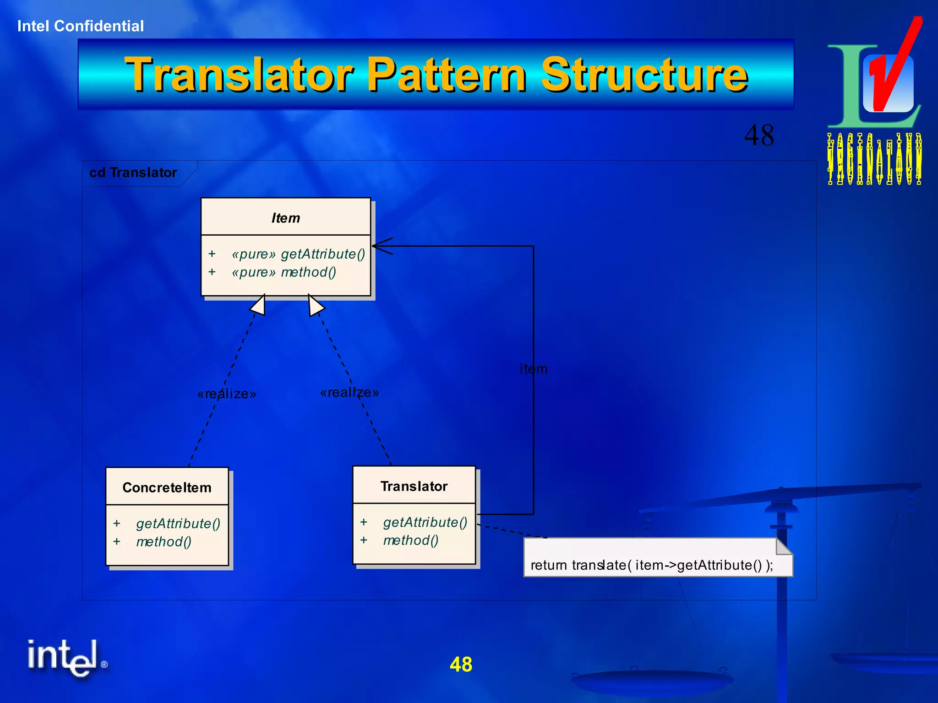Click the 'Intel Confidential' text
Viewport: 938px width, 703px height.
81,26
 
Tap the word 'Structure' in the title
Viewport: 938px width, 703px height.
644,75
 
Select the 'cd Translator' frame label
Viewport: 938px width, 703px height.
133,173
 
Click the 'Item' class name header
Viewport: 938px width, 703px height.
286,218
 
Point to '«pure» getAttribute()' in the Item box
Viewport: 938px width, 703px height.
298,254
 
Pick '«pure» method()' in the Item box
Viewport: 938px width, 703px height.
284,272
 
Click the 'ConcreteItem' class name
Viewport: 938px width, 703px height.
167,487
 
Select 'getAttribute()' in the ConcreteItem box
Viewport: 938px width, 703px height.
178,524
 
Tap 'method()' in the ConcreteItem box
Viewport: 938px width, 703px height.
164,542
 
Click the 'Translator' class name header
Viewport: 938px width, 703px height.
414,486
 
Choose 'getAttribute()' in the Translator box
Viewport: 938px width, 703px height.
425,522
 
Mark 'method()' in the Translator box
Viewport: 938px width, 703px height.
411,541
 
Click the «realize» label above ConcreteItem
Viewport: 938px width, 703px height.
227,394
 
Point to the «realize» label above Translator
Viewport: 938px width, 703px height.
349,392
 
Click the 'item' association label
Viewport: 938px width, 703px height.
533,369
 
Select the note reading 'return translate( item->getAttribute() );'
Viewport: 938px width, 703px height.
658,558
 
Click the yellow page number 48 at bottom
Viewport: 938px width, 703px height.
461,664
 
